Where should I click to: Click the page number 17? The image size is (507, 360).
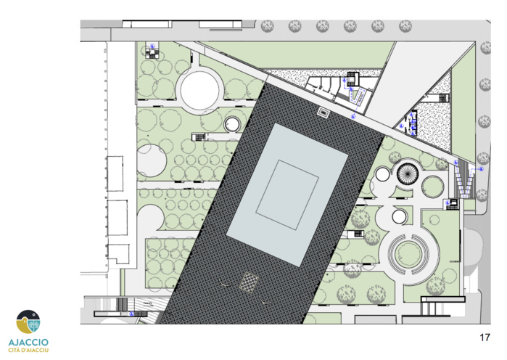coord(485,337)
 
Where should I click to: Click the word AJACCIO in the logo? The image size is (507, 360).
coord(28,340)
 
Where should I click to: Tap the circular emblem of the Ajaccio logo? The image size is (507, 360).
coord(28,322)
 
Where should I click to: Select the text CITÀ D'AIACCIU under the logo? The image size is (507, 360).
coord(28,351)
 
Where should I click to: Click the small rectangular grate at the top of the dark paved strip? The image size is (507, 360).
coord(323,112)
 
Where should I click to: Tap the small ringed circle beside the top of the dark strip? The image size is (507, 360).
coord(233,124)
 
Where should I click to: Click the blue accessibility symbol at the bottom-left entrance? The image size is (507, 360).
coord(132,314)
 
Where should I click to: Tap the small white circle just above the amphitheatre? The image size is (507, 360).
coord(400,216)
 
